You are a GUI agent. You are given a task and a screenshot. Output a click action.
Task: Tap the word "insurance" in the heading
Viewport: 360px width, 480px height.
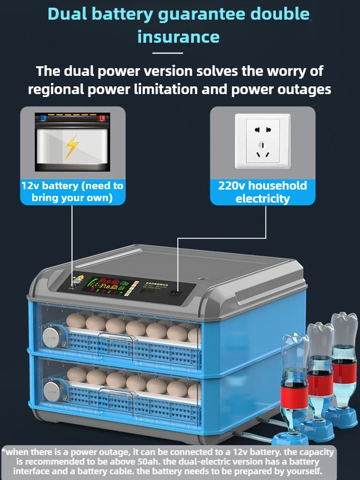[179, 36]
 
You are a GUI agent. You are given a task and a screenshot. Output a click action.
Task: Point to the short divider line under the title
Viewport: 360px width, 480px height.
[168, 53]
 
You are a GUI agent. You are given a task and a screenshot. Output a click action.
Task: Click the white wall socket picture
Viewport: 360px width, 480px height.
[263, 141]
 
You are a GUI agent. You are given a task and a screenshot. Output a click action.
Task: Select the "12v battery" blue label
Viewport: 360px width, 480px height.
[72, 191]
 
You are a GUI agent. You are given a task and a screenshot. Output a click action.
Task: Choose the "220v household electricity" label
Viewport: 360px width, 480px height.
[263, 192]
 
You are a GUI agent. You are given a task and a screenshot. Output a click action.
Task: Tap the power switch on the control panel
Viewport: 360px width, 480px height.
[176, 293]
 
